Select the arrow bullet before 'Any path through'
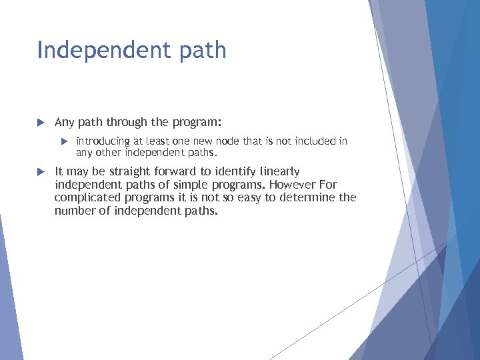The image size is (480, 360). [x=41, y=123]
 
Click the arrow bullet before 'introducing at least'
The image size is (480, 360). [x=65, y=141]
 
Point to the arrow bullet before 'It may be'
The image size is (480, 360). [x=41, y=171]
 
